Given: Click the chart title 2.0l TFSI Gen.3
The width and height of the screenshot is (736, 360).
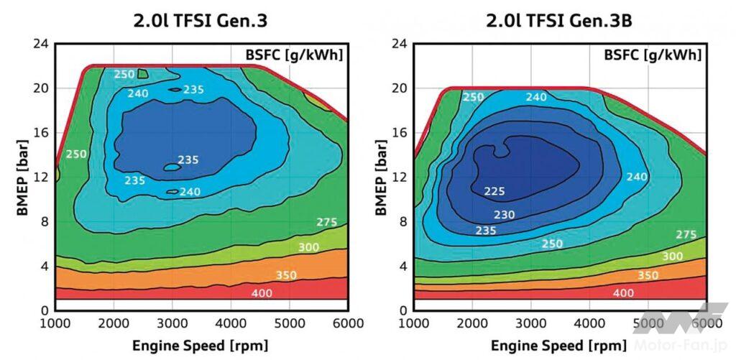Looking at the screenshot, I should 201,21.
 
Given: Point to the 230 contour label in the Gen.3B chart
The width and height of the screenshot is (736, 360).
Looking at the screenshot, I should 504,216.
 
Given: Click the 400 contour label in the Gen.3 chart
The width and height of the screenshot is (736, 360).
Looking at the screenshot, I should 262,293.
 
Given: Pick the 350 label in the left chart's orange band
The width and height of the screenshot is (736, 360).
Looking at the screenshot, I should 286,275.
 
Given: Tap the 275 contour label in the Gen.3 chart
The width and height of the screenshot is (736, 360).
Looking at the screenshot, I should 328,222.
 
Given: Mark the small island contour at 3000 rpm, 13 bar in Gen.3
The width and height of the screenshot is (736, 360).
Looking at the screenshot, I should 172,167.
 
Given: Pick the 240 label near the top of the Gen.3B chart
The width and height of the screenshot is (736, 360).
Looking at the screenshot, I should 537,98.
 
